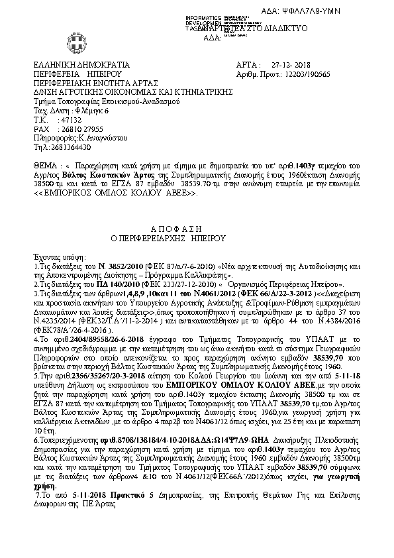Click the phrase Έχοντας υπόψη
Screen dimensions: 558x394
pyautogui.click(x=55, y=254)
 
